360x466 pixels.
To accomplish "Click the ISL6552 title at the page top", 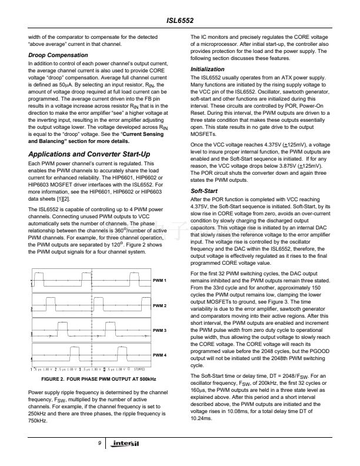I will pyautogui.click(x=179, y=18).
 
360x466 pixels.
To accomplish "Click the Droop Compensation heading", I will pyautogui.click(x=54, y=55).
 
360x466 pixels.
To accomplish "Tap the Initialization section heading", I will pyautogui.click(x=207, y=69).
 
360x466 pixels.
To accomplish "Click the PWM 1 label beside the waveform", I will pyautogui.click(x=160, y=280).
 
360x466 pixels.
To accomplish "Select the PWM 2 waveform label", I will pyautogui.click(x=160, y=306).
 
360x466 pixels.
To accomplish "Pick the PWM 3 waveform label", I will pyautogui.click(x=160, y=331).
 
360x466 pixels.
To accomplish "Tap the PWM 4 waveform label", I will pyautogui.click(x=160, y=356).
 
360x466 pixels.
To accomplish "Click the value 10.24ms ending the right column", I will pyautogui.click(x=203, y=421).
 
